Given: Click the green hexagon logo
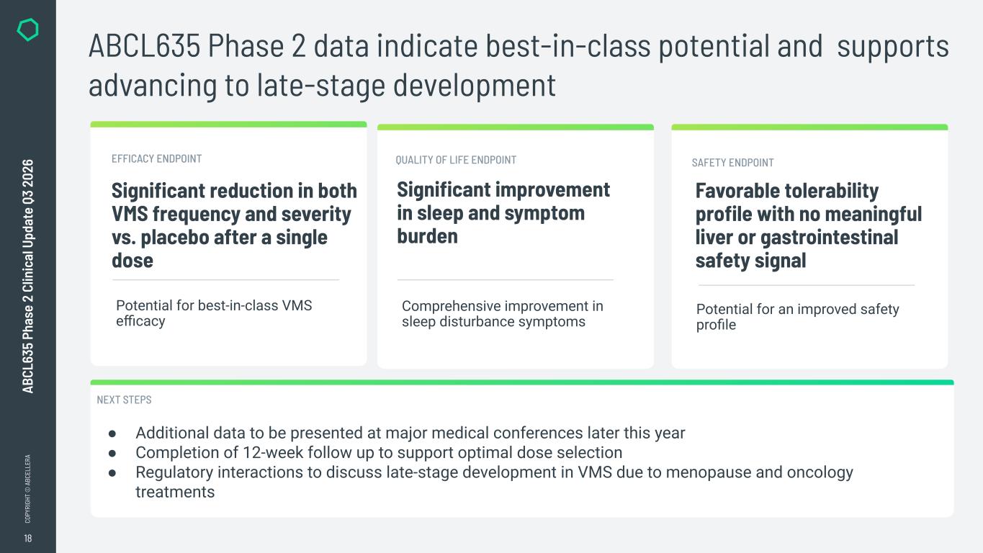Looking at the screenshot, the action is point(27,30).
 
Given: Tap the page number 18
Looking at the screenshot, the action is point(27,538).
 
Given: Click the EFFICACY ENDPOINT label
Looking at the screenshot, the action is point(156,158).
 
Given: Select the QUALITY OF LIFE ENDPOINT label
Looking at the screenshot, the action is point(456,160).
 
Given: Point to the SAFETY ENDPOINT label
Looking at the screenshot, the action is point(733,163).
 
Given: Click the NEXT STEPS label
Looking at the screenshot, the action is point(124,400).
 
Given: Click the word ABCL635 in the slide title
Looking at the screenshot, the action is point(144,45).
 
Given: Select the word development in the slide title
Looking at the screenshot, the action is point(475,86).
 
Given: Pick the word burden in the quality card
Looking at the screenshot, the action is point(428,236).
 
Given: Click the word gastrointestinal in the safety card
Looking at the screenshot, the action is point(830,238).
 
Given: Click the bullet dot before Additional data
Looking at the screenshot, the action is point(112,433).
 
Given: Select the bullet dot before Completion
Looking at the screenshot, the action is point(112,454).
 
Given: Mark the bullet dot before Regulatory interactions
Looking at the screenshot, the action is point(112,473).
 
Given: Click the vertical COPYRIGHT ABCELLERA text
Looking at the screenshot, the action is point(27,489).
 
